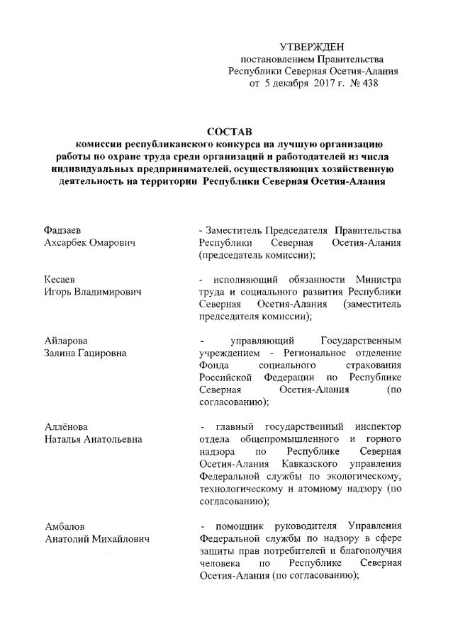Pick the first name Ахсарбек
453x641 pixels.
point(65,243)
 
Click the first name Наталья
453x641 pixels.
point(65,439)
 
